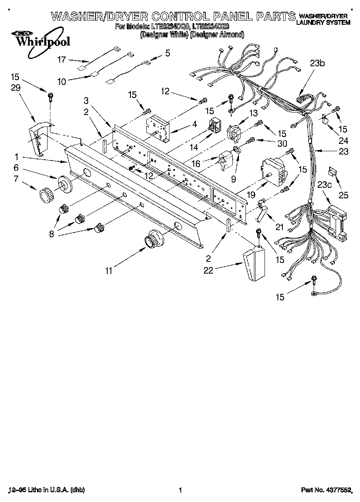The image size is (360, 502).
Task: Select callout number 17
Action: coord(61,60)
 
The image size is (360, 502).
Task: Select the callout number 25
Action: coord(343,196)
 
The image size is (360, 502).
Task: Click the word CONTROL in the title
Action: coord(179,17)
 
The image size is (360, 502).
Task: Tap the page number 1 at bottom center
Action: coord(180,490)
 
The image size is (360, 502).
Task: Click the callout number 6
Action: coord(16,167)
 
